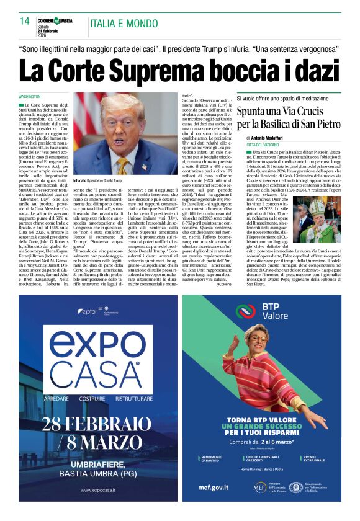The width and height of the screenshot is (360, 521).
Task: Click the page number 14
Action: click(x=25, y=21)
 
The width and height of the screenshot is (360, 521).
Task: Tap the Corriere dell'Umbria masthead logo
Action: click(x=55, y=21)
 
